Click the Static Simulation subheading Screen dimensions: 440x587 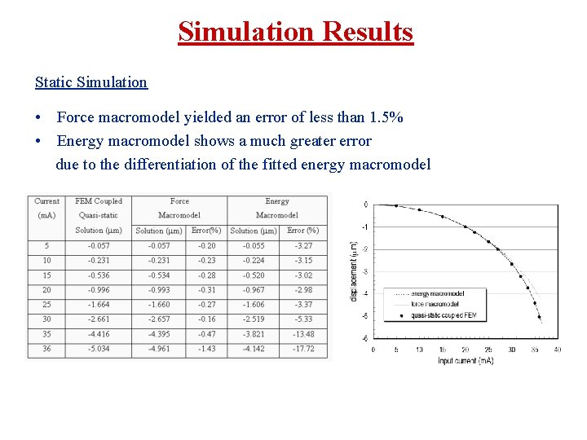[x=91, y=82]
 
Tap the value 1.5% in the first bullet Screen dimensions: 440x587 [x=384, y=118]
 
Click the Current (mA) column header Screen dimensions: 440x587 [x=46, y=208]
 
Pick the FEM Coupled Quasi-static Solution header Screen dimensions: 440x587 [x=99, y=215]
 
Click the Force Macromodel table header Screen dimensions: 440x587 [x=179, y=208]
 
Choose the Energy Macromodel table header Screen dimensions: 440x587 [x=277, y=208]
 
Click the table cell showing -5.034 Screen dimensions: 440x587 [x=99, y=349]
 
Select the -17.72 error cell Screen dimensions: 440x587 [x=303, y=349]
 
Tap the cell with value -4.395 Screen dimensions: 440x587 [x=159, y=334]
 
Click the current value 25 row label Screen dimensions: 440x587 [x=46, y=305]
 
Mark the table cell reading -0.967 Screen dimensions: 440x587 [x=254, y=290]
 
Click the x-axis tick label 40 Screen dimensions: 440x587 [x=557, y=350]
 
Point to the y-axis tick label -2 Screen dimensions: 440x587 [x=365, y=249]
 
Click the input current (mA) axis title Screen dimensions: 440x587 [x=466, y=360]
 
